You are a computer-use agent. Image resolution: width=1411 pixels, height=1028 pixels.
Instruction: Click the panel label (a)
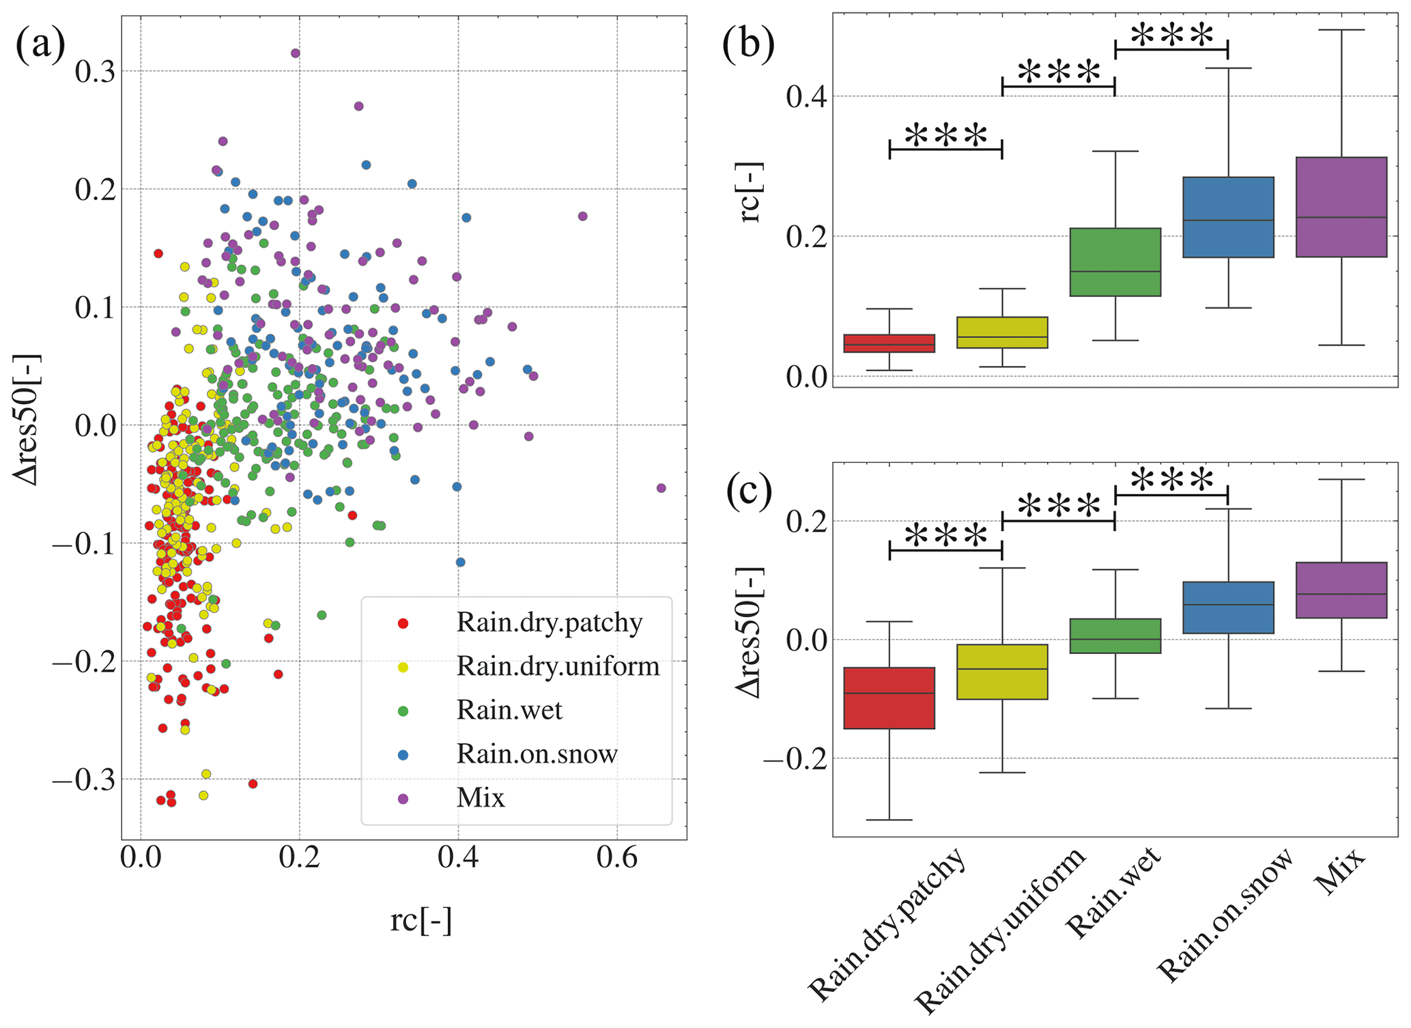tap(40, 46)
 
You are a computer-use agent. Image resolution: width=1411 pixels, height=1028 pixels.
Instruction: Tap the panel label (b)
tap(748, 46)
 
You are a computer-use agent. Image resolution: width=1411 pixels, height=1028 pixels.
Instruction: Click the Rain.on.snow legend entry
tap(537, 754)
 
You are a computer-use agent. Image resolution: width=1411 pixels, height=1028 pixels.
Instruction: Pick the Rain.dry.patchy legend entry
tap(549, 623)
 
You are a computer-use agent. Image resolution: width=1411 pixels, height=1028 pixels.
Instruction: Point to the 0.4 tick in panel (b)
tap(806, 96)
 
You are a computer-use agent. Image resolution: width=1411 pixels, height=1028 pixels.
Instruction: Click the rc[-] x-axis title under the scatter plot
tap(421, 920)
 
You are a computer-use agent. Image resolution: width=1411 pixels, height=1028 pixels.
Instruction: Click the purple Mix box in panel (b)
tap(1341, 207)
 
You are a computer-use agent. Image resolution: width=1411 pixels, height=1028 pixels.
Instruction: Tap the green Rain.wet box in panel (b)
tap(1115, 262)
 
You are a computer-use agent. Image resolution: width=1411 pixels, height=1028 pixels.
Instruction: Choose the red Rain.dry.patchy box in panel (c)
tap(889, 698)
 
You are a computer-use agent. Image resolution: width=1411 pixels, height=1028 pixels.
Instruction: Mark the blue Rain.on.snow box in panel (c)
tap(1228, 608)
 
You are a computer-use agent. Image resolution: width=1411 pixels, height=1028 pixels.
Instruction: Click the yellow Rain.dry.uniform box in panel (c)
tap(1002, 672)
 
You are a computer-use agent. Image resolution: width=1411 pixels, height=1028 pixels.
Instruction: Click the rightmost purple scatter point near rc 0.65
tap(661, 488)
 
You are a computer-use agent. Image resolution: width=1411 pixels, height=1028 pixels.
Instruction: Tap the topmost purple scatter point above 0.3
tap(296, 53)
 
